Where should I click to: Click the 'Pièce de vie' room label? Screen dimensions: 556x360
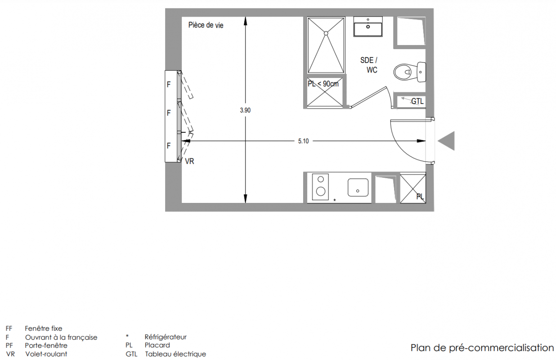coord(206,25)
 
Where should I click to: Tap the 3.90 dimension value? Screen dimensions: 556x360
coord(245,110)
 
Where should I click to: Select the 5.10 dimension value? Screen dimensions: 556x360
coord(303,141)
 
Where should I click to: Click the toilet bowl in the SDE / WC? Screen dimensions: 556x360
coord(403,72)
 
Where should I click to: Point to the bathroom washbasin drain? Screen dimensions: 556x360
coord(368,27)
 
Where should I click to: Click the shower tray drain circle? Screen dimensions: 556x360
coord(326,33)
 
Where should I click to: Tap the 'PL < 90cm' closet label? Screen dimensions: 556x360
coord(323,84)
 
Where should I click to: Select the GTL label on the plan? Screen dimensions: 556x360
coord(417,101)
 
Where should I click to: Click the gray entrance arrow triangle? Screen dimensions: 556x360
coord(446,141)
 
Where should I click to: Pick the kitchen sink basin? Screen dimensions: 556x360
coord(358,188)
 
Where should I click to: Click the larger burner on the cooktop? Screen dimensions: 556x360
coord(321,191)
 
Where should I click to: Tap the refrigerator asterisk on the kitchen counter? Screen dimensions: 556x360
coord(335,200)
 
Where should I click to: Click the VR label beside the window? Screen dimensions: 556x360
coord(189,162)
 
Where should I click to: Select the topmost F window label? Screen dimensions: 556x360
coord(169,85)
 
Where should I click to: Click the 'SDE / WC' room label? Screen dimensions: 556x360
coord(369,65)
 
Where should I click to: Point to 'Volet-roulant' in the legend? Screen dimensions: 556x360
coord(46,354)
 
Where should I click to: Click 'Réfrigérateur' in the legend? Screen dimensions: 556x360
coord(166,337)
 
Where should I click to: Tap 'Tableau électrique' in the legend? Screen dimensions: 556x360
coord(175,354)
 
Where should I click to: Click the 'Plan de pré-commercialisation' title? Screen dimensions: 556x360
coord(482,348)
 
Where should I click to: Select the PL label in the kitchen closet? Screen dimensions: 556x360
coord(420,197)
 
